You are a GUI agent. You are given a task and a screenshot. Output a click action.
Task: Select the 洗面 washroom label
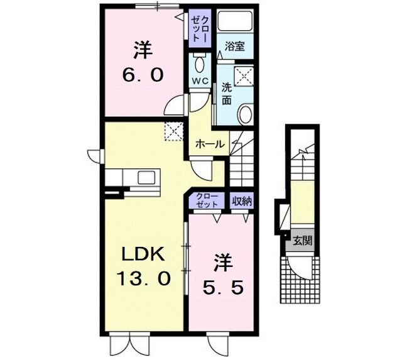(227, 94)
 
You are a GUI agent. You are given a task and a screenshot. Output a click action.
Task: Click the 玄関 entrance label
(303, 240)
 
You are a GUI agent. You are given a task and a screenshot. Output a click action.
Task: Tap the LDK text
(143, 254)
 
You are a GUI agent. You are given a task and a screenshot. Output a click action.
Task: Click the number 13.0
(143, 279)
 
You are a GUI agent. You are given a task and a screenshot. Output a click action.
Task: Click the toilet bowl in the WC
(200, 63)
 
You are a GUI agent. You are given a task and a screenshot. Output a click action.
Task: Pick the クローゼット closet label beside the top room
(200, 28)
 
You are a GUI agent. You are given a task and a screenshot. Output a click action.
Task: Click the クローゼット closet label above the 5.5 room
(206, 201)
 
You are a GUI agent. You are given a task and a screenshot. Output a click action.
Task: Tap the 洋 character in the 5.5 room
(222, 259)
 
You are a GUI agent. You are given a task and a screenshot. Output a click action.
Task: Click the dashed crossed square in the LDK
(172, 130)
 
